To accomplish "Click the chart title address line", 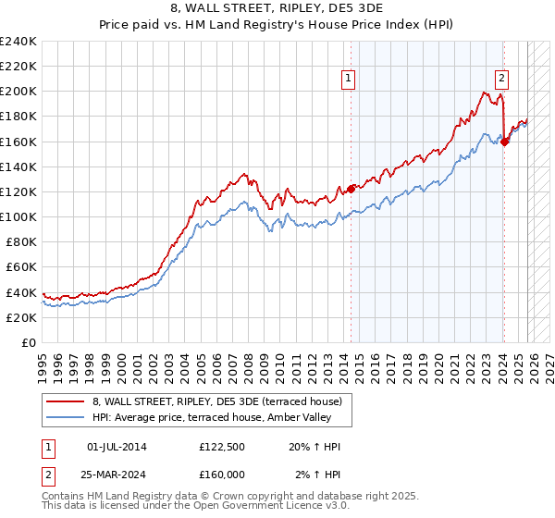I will [277, 7].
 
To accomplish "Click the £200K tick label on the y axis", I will [18, 92].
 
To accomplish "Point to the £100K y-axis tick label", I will [18, 216].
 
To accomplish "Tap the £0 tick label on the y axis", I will [28, 342].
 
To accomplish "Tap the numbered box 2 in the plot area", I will [501, 79].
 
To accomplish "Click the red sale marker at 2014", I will [351, 189].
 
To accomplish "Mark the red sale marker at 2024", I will [504, 142].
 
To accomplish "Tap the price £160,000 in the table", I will [222, 474].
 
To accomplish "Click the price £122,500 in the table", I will [222, 447].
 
